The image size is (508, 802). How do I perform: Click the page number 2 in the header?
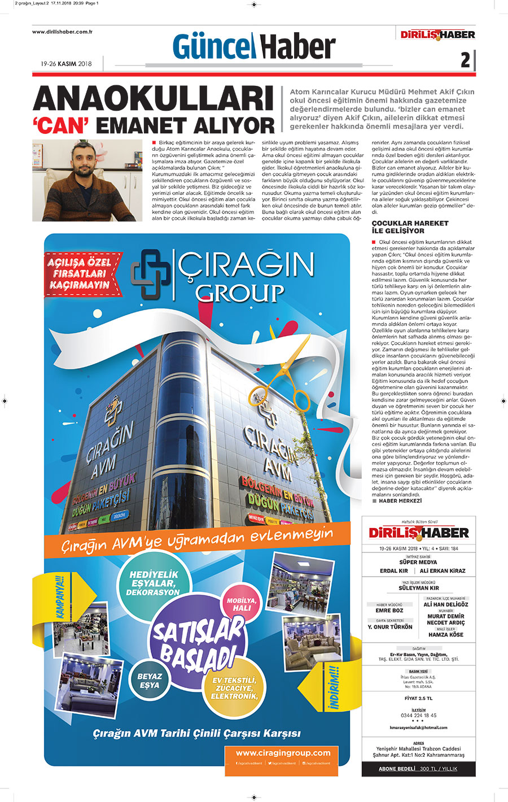[465, 60]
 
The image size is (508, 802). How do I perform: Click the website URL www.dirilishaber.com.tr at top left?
[62, 32]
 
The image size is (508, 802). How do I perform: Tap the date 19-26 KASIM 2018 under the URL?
[66, 64]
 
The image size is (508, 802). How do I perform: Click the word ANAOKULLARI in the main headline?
[154, 99]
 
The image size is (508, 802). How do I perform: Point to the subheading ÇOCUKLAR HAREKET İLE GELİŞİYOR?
[410, 227]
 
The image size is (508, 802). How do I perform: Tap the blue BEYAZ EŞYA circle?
[150, 681]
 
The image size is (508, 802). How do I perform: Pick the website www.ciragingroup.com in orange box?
[283, 753]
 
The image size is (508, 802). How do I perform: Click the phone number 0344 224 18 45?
[418, 716]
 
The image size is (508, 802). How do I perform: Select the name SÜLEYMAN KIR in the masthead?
[418, 588]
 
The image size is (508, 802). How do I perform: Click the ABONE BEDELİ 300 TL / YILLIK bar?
[418, 769]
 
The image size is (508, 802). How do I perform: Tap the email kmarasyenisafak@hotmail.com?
[418, 727]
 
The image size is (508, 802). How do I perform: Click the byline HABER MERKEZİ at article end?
[400, 501]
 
